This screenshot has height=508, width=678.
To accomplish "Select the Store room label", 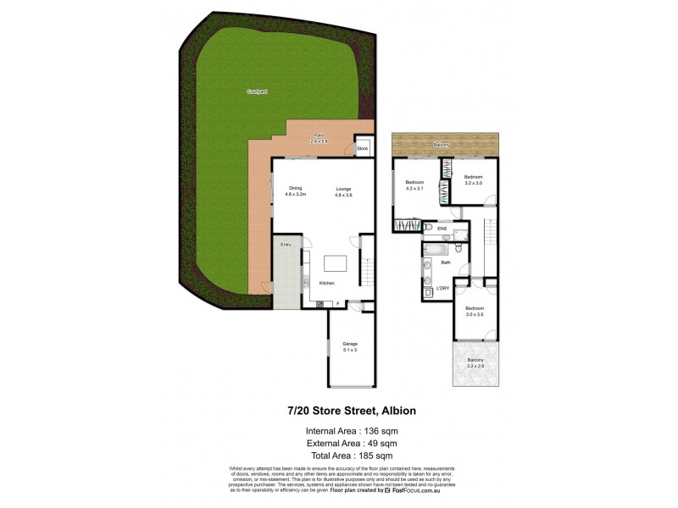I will click(x=362, y=149).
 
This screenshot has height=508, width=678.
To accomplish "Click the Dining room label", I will click(x=295, y=189).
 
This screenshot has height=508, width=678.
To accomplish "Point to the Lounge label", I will click(x=343, y=189).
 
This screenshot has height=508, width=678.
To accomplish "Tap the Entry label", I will click(x=286, y=246).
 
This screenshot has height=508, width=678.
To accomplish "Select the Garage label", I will click(x=350, y=343).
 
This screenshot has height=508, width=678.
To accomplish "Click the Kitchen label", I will click(x=327, y=282).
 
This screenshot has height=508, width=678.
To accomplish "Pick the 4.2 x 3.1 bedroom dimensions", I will click(x=414, y=188).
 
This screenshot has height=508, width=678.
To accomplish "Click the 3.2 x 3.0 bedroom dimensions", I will click(x=473, y=183).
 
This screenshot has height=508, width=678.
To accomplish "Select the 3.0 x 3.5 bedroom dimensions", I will click(x=474, y=314).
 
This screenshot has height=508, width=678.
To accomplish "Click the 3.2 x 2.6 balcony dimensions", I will click(x=475, y=366).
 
